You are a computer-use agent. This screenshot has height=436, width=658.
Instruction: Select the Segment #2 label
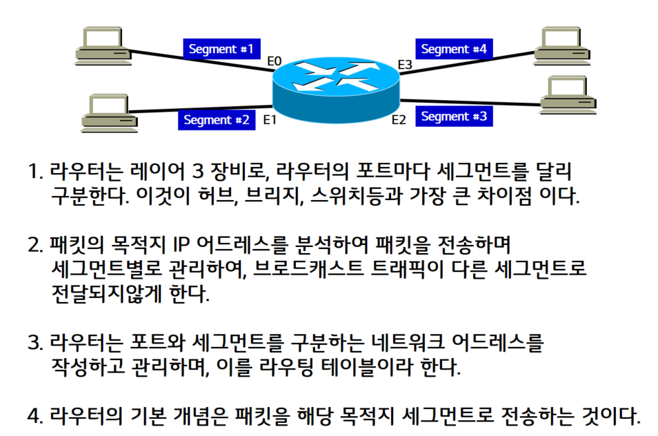(x=217, y=119)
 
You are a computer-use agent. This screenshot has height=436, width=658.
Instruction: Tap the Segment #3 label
(x=453, y=117)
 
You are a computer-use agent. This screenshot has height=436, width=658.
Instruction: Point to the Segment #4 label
(x=453, y=49)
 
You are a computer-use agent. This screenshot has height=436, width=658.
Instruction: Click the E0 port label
(x=275, y=62)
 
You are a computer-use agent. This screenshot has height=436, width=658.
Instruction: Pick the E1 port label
(x=270, y=119)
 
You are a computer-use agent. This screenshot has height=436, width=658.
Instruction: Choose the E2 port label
(x=399, y=120)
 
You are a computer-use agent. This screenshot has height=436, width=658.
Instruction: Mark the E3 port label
(x=405, y=65)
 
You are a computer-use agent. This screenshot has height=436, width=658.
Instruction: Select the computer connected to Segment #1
(x=103, y=45)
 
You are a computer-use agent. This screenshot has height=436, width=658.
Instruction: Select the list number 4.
(x=34, y=416)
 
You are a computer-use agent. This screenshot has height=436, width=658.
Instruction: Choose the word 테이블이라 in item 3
(x=379, y=368)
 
